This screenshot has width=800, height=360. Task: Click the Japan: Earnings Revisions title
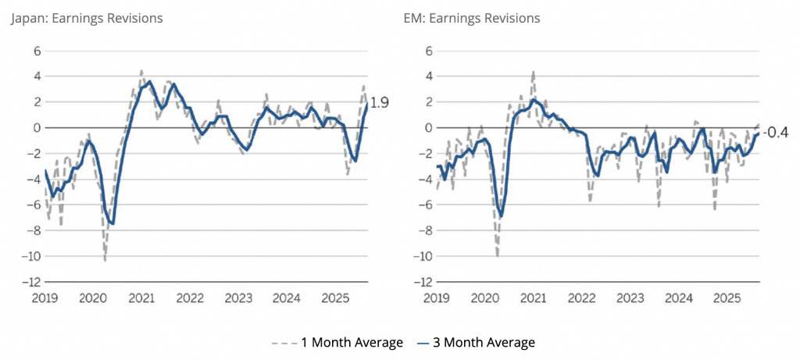pyautogui.click(x=86, y=18)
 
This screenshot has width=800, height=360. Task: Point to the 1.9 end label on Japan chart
pyautogui.click(x=380, y=102)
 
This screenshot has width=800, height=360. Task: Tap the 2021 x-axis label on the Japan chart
pyautogui.click(x=141, y=298)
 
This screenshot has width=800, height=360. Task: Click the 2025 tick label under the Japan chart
pyautogui.click(x=334, y=298)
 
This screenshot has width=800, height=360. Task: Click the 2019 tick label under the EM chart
pyautogui.click(x=437, y=298)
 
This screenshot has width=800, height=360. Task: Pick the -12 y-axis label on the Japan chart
pyautogui.click(x=30, y=282)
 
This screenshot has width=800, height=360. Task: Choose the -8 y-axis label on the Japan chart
pyautogui.click(x=32, y=230)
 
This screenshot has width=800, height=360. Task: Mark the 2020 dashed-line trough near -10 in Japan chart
pyautogui.click(x=105, y=259)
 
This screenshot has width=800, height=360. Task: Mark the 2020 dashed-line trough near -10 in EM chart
pyautogui.click(x=497, y=255)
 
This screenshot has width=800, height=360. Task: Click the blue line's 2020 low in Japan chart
pyautogui.click(x=113, y=224)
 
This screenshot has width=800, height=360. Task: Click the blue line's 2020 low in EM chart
pyautogui.click(x=501, y=216)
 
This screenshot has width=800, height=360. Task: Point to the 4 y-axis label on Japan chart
pyautogui.click(x=36, y=77)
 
